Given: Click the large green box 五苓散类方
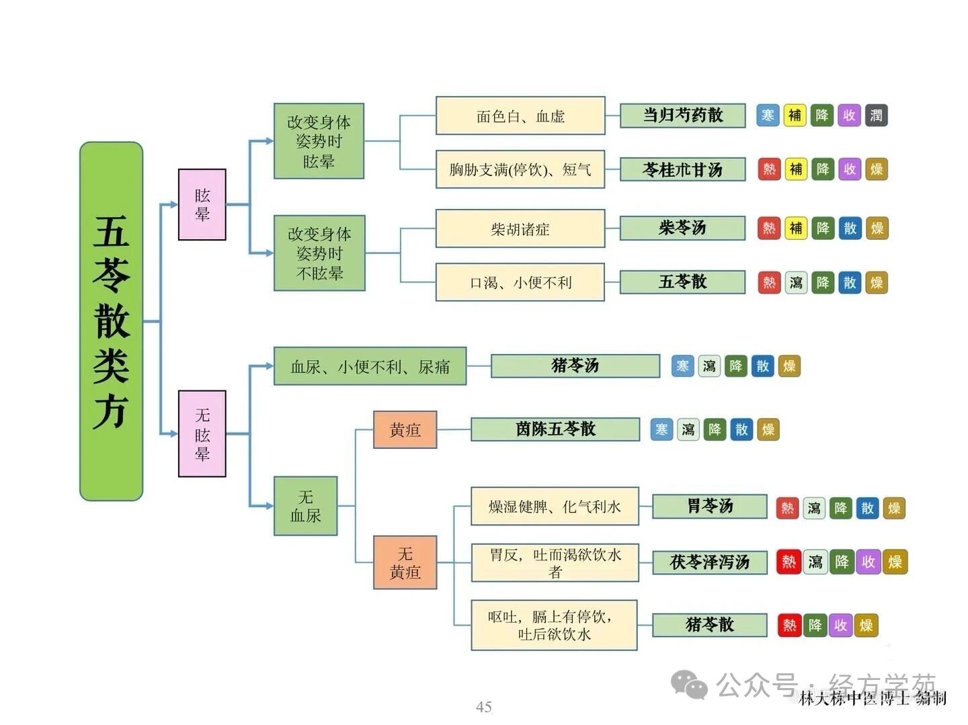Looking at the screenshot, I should pos(111,321).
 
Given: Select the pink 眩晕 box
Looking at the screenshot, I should pos(202,205).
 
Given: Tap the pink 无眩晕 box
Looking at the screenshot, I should pos(202,433).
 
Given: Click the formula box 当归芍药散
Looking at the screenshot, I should pos(682,116).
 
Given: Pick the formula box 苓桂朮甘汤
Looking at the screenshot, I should pos(682,169).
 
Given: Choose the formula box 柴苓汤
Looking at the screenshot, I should pos(682,228).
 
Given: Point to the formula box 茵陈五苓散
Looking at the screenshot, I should pos(555,429).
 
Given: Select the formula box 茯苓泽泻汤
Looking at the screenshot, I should pos(709,562).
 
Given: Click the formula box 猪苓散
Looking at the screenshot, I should pos(709,625).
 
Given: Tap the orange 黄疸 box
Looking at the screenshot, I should pos(405,429).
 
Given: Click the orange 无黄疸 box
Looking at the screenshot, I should pos(405,562).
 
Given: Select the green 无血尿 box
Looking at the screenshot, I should pos(305,506).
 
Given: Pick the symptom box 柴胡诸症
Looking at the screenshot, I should pos(520,228).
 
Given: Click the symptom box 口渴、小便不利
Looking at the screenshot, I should pos(520,282).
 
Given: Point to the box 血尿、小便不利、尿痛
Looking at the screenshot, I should pos(370,366).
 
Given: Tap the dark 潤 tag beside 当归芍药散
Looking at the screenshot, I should pos(877,116).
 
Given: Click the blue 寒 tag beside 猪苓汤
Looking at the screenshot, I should pos(682,366).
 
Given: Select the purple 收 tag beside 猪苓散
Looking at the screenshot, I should pos(840,626).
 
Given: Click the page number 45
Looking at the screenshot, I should pos(483,706).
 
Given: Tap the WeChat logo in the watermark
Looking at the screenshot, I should pos(690,685).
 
